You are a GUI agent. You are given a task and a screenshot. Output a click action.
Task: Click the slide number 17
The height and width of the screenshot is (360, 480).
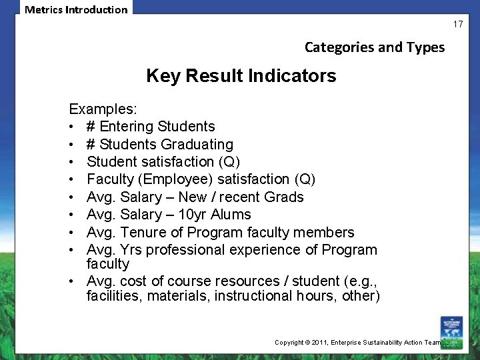point(458,24)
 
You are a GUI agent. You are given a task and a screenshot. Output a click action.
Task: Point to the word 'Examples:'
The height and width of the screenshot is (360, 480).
point(100,109)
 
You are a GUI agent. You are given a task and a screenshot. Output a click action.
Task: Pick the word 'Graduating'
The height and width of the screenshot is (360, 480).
point(200,144)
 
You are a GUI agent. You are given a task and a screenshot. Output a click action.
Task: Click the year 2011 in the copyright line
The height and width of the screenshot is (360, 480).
point(325,342)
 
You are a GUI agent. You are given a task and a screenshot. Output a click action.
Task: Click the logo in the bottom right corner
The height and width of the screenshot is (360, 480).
point(451,332)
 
